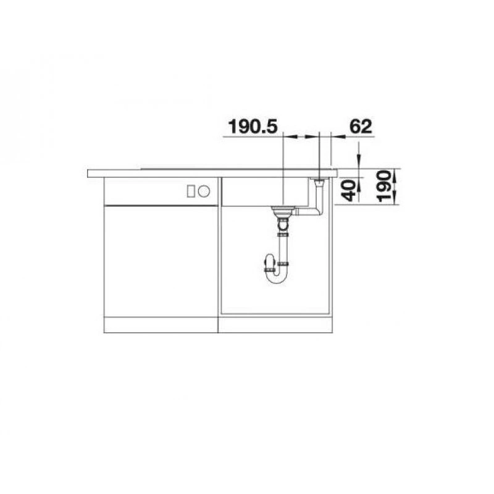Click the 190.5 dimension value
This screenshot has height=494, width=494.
coord(253,127)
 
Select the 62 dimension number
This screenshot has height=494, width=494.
coord(361,127)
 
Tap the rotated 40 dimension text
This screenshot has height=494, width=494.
coord(349,190)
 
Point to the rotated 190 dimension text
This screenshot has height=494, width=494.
coord(384,186)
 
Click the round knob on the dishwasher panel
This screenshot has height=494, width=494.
coord(204,191)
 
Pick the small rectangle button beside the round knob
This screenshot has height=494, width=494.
coord(191,191)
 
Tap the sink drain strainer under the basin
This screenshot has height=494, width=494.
coord(283,211)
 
